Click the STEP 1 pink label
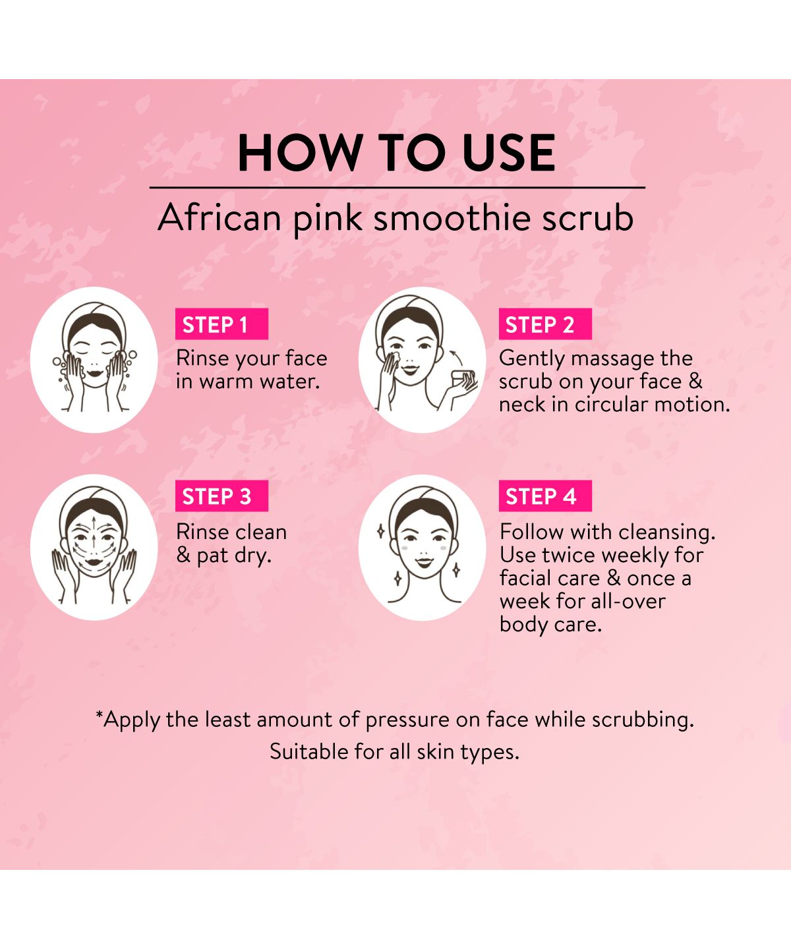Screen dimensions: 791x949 [222, 324]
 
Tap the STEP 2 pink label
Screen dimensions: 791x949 [545, 324]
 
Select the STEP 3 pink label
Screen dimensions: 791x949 [222, 496]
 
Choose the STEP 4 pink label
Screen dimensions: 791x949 [545, 496]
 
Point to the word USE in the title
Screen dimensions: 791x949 [508, 153]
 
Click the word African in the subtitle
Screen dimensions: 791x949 [220, 217]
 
